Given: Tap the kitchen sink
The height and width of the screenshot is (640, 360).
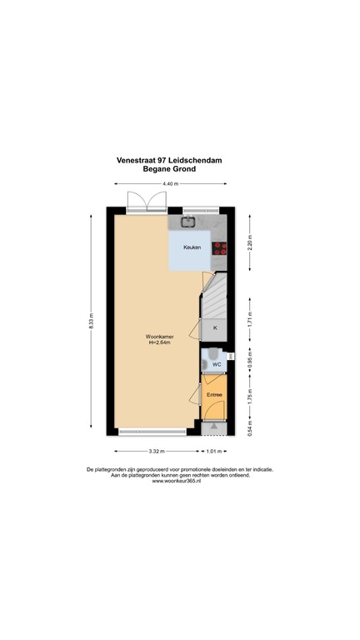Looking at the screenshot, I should pos(188,222).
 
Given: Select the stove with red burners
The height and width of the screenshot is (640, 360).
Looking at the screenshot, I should pos(220,247).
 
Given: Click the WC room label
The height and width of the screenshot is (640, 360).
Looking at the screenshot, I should pos(215,364).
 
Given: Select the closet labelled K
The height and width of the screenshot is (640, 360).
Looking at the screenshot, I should pos(215,328).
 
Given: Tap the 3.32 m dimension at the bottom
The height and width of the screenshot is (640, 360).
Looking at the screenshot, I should pos(154,452).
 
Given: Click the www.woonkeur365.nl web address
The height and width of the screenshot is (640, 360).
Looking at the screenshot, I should pos(179,481).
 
